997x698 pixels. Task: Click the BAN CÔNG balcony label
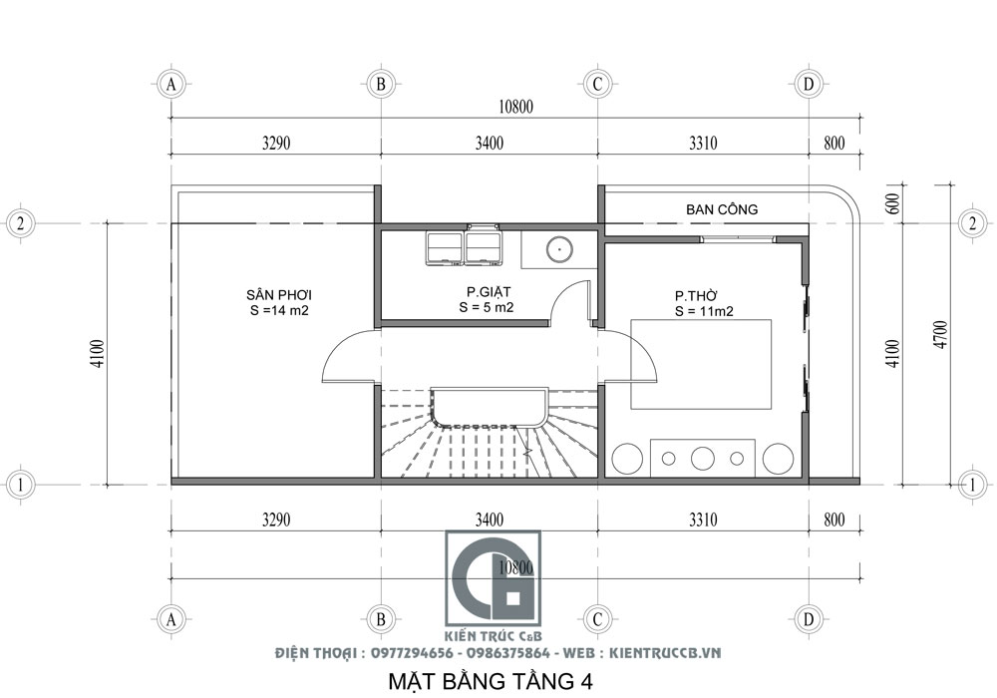pos(722,209)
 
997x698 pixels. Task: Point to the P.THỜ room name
pos(696,295)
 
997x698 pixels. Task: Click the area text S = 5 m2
pos(486,308)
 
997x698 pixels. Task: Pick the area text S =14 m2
pos(280,310)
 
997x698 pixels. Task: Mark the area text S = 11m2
pos(703,311)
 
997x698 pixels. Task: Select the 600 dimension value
pos(892,203)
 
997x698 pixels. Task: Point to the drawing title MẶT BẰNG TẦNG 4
pos(489,682)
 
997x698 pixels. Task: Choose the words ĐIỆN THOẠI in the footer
pos(313,653)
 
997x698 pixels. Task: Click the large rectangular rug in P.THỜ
pos(701,363)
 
